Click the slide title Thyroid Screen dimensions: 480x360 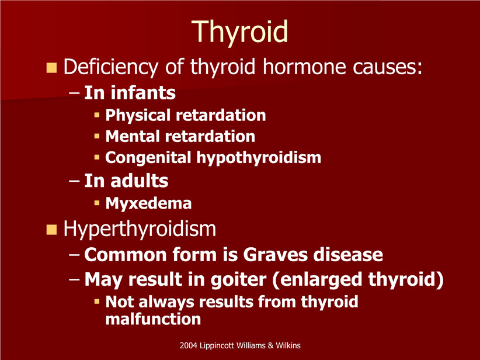(239, 32)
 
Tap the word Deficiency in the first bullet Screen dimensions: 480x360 (111, 67)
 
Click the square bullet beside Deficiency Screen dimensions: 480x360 (51, 68)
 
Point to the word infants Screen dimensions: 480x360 (143, 93)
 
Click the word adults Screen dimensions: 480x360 (140, 181)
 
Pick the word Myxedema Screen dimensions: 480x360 (148, 203)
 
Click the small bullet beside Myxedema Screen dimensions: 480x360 (97, 203)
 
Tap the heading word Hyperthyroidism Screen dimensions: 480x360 (140, 229)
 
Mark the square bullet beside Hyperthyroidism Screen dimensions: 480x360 (51, 230)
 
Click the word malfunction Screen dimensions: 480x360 (153, 319)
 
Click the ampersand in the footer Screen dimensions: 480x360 (270, 345)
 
